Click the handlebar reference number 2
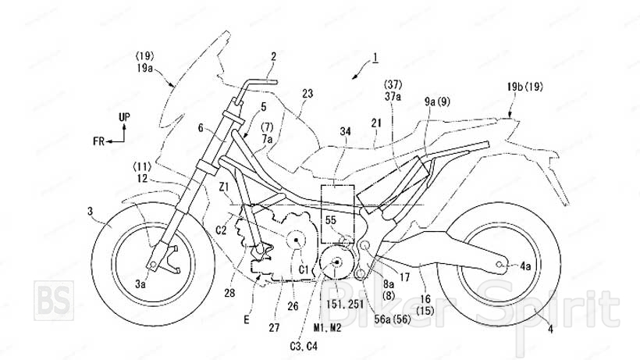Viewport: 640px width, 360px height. point(273,55)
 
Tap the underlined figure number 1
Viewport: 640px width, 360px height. point(375,56)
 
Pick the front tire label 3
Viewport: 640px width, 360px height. point(91,211)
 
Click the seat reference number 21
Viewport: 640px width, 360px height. point(378,123)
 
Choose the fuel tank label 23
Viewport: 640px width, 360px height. point(308,93)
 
